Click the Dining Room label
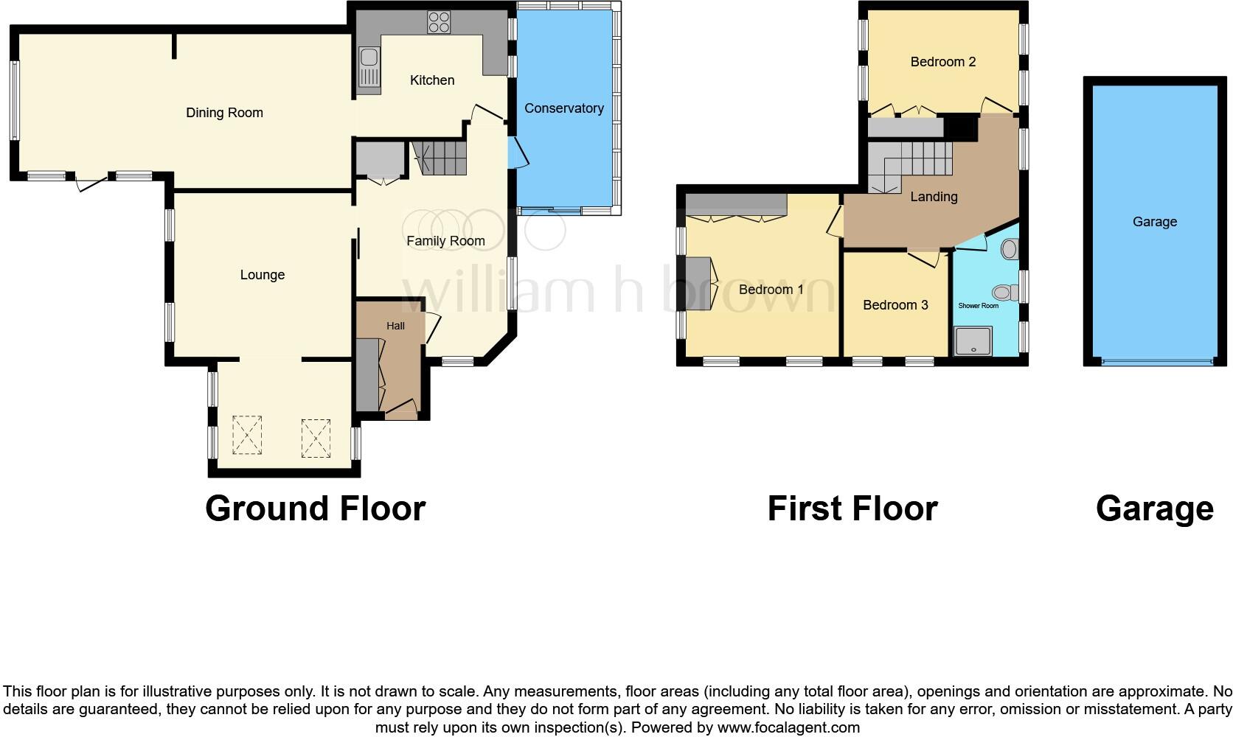(x=224, y=113)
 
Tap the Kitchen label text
(x=432, y=80)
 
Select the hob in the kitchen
(x=439, y=22)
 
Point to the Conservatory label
(x=564, y=108)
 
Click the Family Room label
(x=445, y=241)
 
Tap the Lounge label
(x=262, y=275)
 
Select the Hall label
(x=395, y=326)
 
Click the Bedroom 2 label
(x=942, y=62)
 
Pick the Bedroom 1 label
(x=771, y=290)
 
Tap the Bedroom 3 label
(x=895, y=305)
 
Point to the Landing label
(x=934, y=197)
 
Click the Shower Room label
(x=978, y=306)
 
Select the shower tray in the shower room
(x=973, y=341)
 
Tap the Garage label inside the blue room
(x=1154, y=222)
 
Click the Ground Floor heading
(x=315, y=509)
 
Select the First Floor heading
(x=852, y=509)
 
